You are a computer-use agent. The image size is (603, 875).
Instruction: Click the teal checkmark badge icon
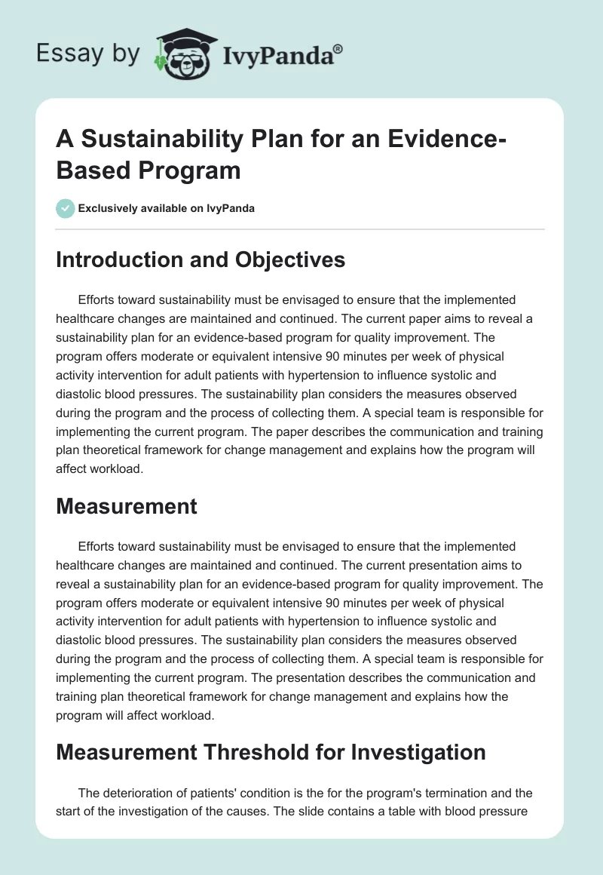pyautogui.click(x=66, y=209)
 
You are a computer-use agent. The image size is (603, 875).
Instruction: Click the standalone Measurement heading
pyautogui.click(x=127, y=506)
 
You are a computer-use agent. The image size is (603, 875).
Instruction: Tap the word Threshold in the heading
pyautogui.click(x=262, y=752)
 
